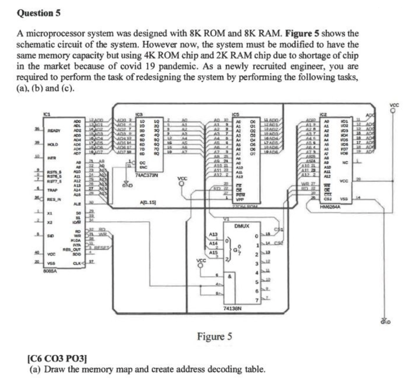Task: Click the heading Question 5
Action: (x=39, y=13)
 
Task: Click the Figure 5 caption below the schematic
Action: (x=215, y=336)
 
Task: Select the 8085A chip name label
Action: (x=50, y=271)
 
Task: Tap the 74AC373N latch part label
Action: (x=147, y=175)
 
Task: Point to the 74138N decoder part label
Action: (x=232, y=308)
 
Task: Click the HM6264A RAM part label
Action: (x=330, y=207)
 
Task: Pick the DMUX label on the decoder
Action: (x=242, y=226)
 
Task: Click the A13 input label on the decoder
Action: (x=213, y=234)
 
